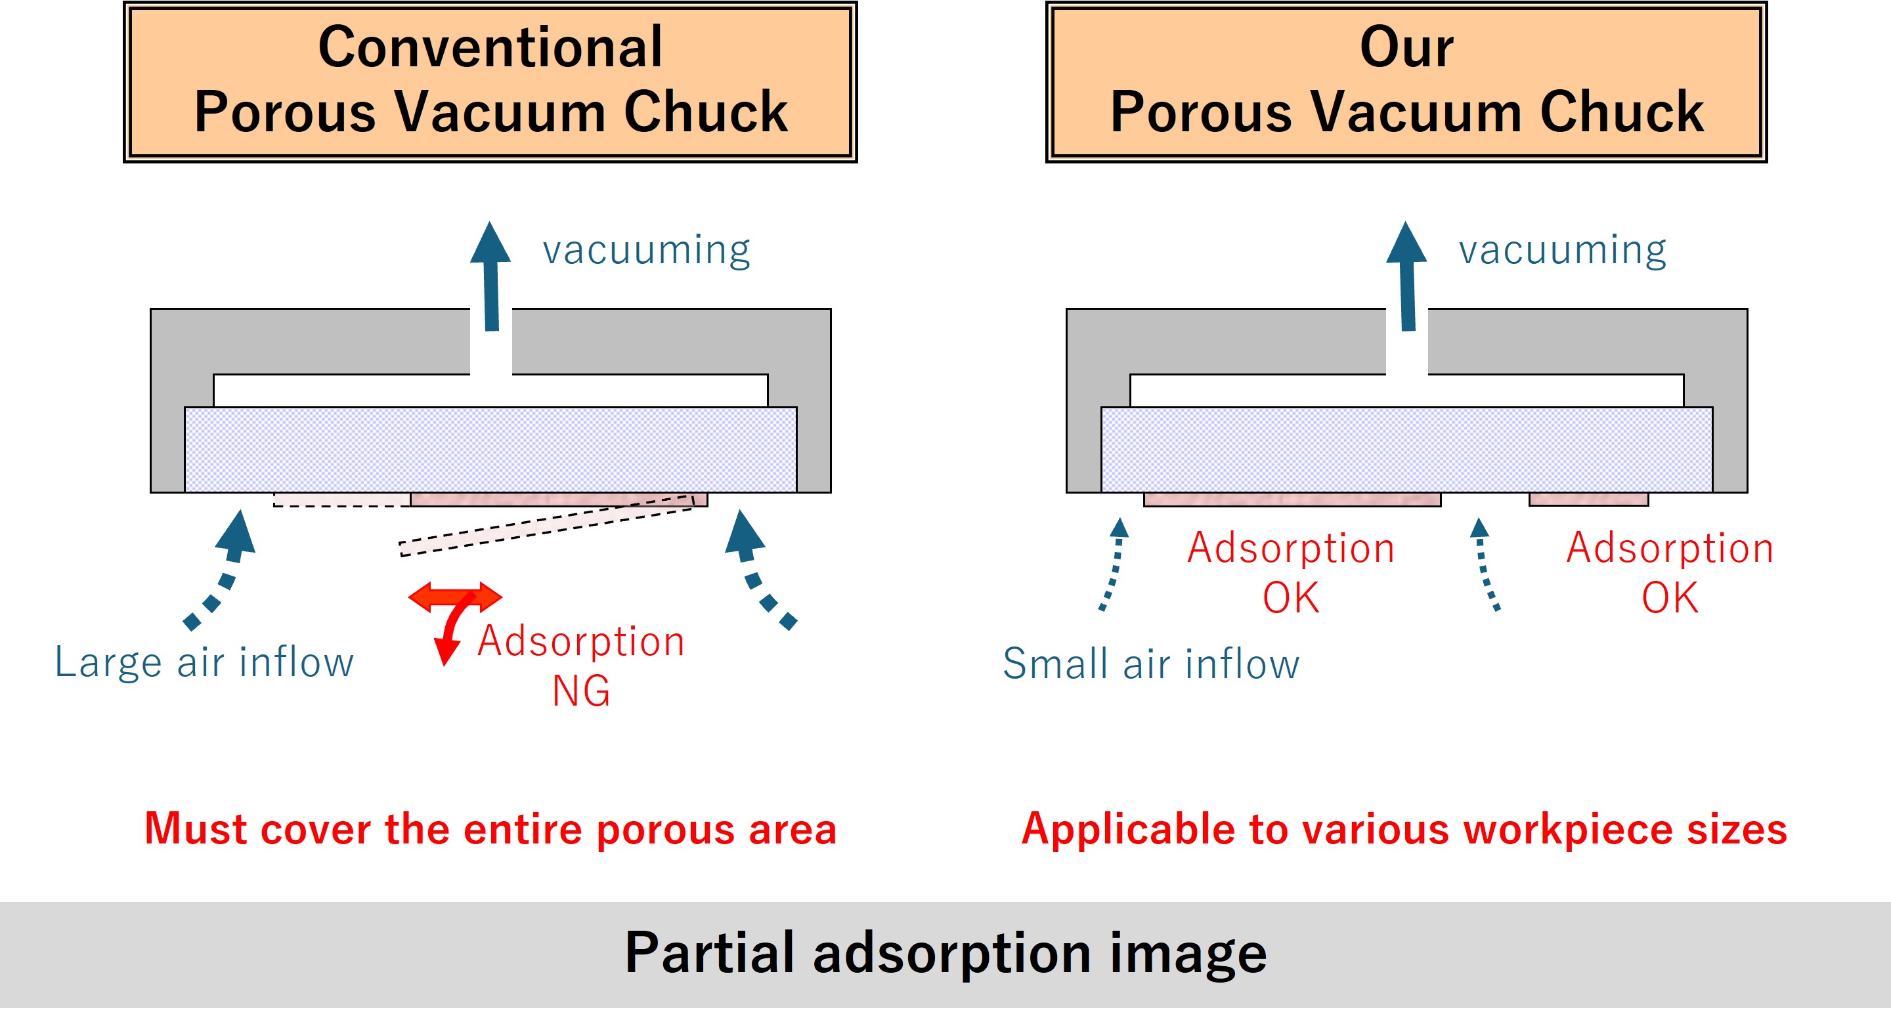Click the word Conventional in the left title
tap(490, 48)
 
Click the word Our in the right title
tap(1406, 48)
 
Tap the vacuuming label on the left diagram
tap(646, 250)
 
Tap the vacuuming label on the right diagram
tap(1562, 250)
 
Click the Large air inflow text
tap(204, 663)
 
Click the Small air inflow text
tap(1150, 664)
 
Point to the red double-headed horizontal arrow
tap(455, 597)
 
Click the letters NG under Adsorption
tap(580, 691)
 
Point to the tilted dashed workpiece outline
tap(547, 526)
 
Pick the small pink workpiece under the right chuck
tap(1588, 499)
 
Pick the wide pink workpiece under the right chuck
tap(1292, 499)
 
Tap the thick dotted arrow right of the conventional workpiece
tap(758, 568)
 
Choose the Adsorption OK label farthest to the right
tap(1669, 572)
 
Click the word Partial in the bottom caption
tap(709, 954)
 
